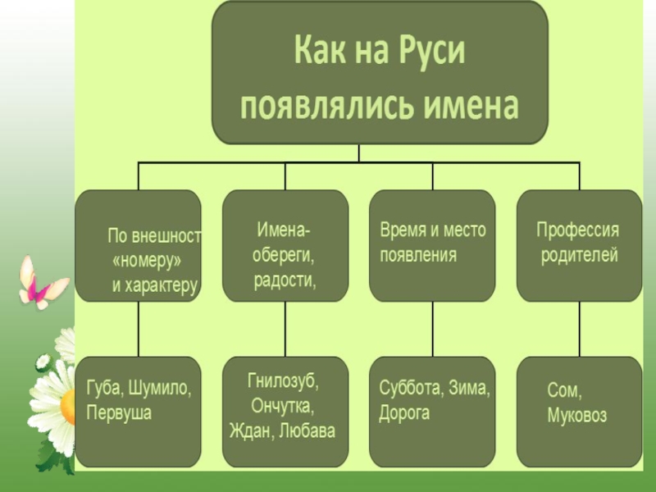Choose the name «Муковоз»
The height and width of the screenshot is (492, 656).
click(x=577, y=417)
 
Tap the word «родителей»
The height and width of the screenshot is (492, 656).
click(x=579, y=255)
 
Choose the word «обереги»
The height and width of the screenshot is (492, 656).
click(x=282, y=255)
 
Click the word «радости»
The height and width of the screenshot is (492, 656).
click(x=284, y=280)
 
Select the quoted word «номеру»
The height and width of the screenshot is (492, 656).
click(x=146, y=261)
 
